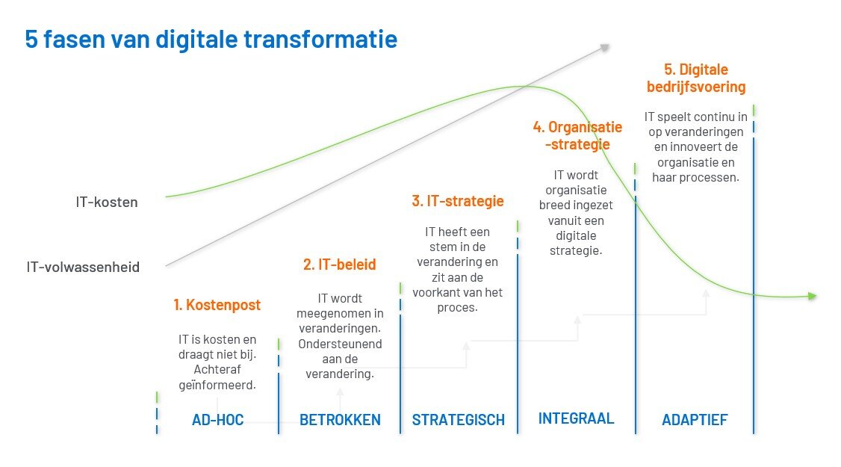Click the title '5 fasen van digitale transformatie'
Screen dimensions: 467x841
(211, 39)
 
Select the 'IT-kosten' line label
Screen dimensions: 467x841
(107, 202)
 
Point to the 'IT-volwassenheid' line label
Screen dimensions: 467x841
(82, 267)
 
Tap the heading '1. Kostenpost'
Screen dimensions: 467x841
(217, 305)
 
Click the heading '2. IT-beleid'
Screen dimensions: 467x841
(340, 265)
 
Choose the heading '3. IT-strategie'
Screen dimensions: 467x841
(457, 201)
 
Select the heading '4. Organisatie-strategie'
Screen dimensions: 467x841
(577, 135)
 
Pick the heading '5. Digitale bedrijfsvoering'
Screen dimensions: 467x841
(696, 78)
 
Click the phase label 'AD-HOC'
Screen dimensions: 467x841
(217, 420)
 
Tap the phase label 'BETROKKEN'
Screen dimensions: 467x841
(340, 420)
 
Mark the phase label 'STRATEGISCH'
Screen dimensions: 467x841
(458, 420)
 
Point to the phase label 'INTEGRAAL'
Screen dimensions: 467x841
(576, 418)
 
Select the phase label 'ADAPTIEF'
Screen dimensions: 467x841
(695, 420)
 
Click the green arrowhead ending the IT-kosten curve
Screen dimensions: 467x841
(812, 297)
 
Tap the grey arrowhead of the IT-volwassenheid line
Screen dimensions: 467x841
(604, 48)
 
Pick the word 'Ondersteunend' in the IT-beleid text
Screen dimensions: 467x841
(340, 344)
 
